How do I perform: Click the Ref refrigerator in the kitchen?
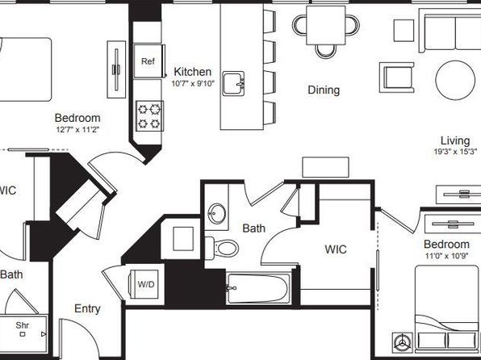[x=148, y=61]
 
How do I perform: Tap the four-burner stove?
[x=149, y=116]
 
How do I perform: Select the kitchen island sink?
[x=233, y=83]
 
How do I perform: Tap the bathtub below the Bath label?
[x=258, y=288]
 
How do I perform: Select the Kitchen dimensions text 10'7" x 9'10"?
[x=193, y=84]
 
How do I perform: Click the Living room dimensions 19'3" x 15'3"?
[x=455, y=151]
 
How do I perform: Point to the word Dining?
[x=324, y=90]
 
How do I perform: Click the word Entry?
[x=87, y=309]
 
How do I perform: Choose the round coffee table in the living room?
[x=455, y=80]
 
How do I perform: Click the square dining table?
[x=326, y=26]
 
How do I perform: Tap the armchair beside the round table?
[x=397, y=77]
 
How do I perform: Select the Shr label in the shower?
[x=23, y=324]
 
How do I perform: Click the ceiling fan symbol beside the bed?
[x=403, y=342]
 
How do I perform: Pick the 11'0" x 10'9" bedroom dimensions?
[x=446, y=256]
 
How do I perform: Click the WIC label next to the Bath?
[x=336, y=249]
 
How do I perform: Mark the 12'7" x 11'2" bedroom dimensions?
[x=77, y=129]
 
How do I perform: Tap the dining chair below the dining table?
[x=326, y=51]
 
